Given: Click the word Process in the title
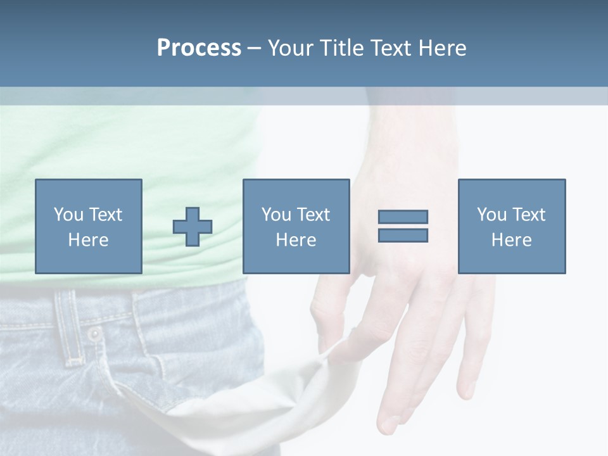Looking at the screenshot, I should pos(199,48).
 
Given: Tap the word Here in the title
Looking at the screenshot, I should pos(442,48).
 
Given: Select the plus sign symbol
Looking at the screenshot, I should pos(193,227).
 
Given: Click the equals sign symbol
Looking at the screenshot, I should pos(403,226).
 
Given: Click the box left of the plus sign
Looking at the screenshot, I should pos(89,226).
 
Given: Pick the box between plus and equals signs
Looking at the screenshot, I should pos(296,226).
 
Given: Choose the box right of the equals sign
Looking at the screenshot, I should pos(512,226).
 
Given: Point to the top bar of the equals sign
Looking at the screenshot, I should pos(403,217).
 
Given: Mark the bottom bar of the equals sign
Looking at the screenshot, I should pos(403,235).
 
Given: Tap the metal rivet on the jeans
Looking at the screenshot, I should pos(94,334).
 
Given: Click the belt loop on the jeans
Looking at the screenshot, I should pos(70,326).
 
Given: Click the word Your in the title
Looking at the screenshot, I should pos(291,48).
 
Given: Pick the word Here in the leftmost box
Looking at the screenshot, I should pos(89,240).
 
